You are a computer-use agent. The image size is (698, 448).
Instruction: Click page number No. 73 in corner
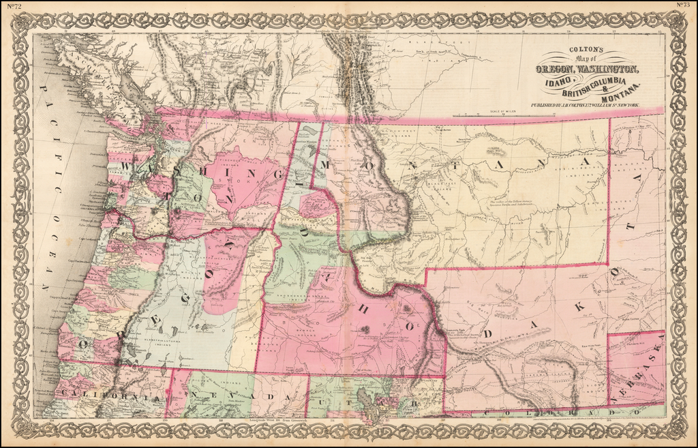coord(684,5)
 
